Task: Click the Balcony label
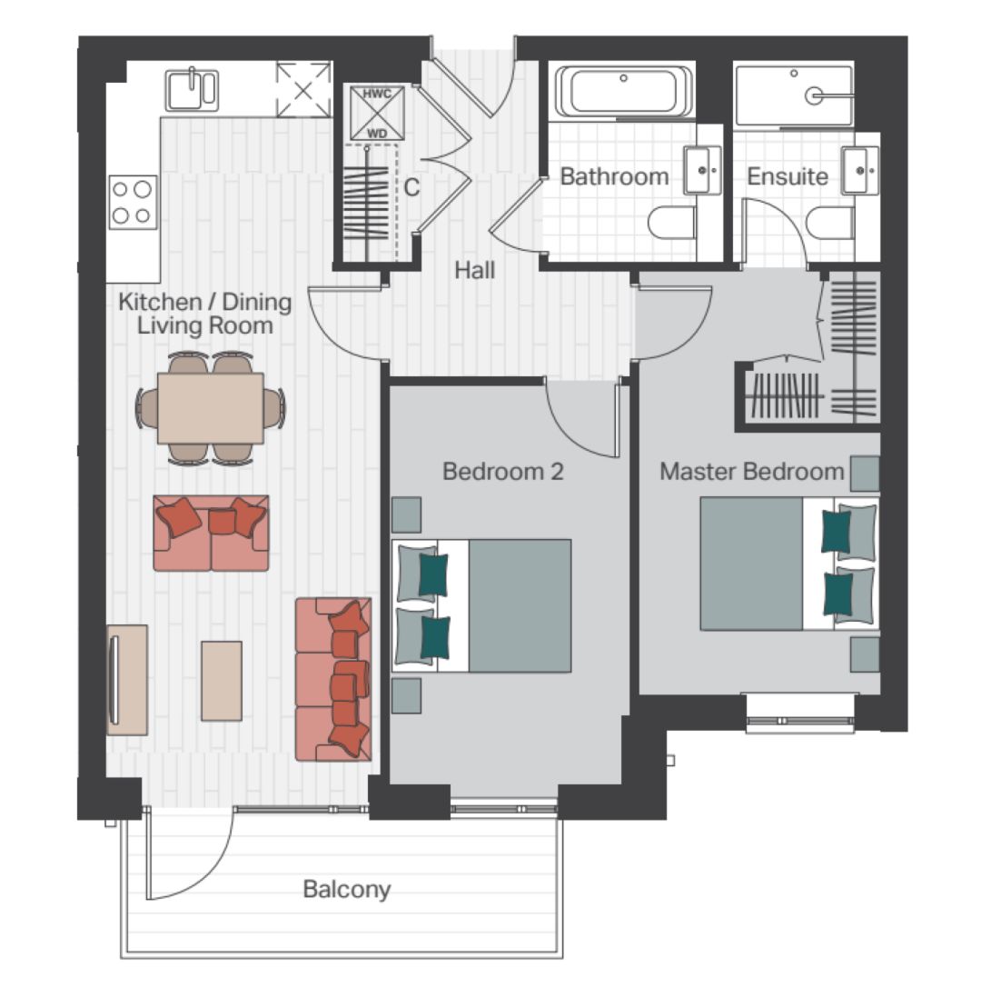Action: pos(347,889)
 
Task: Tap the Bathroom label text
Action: pos(614,176)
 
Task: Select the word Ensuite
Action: pos(788,176)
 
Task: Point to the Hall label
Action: pos(474,270)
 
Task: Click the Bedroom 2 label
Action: pos(503,472)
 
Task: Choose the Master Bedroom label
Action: pos(752,472)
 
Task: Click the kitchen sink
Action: pos(193,90)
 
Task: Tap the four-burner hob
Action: pos(133,202)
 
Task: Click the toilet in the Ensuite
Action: pos(829,223)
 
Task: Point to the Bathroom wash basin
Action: pos(703,170)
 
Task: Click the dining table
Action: pos(211,408)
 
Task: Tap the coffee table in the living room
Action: pos(222,681)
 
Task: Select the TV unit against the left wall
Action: pos(127,680)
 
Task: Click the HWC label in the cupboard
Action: pos(377,94)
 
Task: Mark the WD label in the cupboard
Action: pos(377,134)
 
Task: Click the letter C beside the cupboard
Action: pos(411,187)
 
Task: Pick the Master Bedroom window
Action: pos(799,721)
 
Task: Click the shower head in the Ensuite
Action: pos(814,96)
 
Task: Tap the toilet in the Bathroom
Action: pos(671,223)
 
